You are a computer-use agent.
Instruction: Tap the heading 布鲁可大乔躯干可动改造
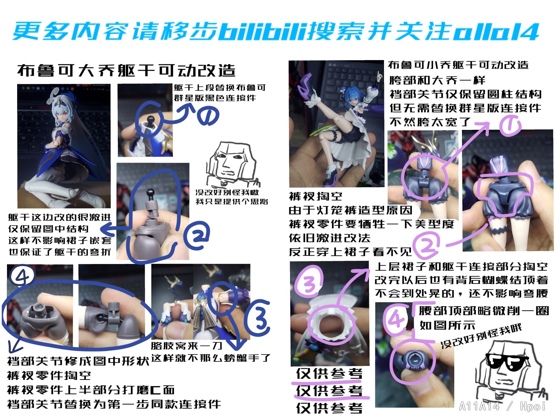(x=126, y=70)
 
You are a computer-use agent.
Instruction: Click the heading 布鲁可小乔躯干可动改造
(x=458, y=65)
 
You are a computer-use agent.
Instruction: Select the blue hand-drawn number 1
(x=208, y=116)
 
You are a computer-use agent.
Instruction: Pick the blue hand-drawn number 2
(x=197, y=235)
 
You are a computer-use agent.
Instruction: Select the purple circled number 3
(x=310, y=281)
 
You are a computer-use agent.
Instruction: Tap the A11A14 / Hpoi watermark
(x=502, y=406)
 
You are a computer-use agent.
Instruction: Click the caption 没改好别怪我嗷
(x=227, y=192)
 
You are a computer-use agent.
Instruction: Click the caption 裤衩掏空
(x=316, y=196)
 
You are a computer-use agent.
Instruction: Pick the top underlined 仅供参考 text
(x=330, y=374)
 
